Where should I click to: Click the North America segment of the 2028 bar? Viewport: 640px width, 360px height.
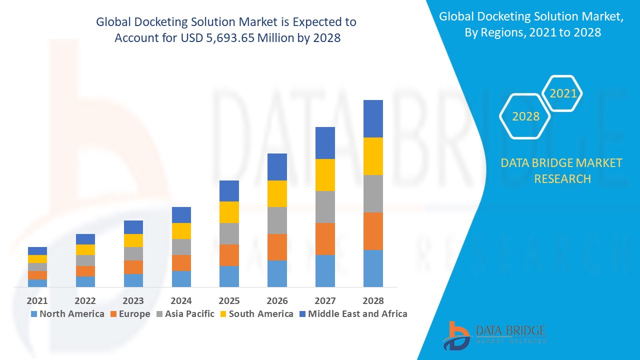[x=373, y=268]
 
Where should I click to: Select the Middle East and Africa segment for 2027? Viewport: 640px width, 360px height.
[x=325, y=143]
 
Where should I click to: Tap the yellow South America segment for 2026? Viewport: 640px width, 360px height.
[x=277, y=193]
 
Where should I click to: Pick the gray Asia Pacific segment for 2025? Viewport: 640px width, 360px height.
[x=229, y=233]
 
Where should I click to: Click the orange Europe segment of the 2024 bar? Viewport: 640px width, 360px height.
[x=181, y=263]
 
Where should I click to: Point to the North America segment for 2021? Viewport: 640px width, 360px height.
[x=37, y=283]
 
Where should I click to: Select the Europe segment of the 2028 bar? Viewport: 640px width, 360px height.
[x=373, y=231]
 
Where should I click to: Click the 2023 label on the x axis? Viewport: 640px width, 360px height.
[x=133, y=300]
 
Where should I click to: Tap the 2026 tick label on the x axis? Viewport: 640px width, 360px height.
[x=277, y=300]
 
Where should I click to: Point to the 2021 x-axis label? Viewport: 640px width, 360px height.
[x=37, y=300]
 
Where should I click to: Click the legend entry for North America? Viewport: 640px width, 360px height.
[x=67, y=314]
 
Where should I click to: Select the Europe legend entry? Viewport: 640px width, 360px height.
[x=129, y=314]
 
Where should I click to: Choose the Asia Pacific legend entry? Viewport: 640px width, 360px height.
[x=185, y=314]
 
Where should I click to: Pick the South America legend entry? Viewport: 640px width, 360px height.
[x=256, y=314]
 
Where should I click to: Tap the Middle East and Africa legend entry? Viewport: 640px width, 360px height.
[x=353, y=314]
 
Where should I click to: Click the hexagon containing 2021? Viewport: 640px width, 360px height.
[x=563, y=93]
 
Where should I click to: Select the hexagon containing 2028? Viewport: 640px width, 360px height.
[x=525, y=116]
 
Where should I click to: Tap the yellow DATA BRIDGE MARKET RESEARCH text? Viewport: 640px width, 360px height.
[x=561, y=170]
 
